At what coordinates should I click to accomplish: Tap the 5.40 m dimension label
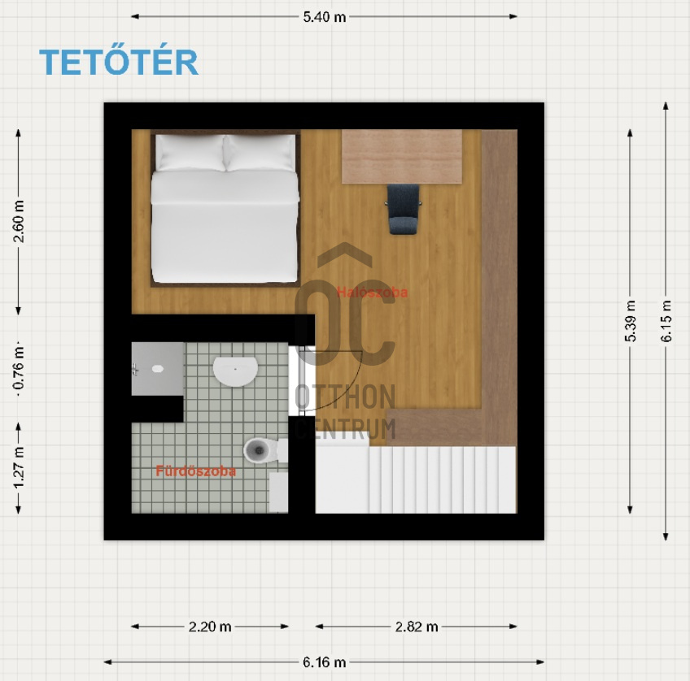[325, 17]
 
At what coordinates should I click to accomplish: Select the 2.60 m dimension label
[19, 221]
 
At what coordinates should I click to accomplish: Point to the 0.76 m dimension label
[19, 368]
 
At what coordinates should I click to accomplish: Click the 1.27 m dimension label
[19, 467]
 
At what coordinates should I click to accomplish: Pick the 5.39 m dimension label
[630, 321]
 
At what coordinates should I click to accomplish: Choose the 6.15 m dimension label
[666, 321]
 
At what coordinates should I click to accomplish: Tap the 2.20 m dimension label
[210, 627]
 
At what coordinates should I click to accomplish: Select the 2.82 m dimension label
[417, 627]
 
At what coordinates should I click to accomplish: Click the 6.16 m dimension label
[325, 662]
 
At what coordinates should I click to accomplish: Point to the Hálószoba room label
[372, 293]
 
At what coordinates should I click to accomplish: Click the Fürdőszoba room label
[196, 471]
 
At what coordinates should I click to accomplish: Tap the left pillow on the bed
[190, 153]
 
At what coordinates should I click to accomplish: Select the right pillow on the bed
[260, 153]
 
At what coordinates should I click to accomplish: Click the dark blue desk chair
[403, 209]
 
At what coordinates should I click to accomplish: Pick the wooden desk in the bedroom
[402, 156]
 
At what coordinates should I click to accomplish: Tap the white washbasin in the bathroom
[235, 371]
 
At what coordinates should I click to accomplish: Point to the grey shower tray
[158, 369]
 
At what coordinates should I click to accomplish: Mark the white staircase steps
[442, 479]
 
